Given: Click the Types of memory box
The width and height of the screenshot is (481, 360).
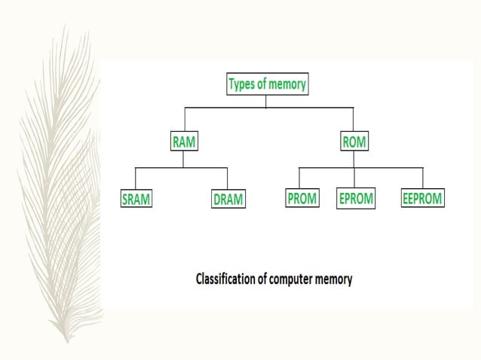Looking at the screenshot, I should (268, 84).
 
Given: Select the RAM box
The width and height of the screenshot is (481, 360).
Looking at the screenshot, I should (184, 141).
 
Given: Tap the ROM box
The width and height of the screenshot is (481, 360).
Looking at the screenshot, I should (354, 141).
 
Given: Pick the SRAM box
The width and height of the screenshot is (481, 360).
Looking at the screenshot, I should (136, 200).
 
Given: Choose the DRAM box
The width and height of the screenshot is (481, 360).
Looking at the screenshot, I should (229, 200).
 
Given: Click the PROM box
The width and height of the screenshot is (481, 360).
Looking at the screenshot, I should (302, 199).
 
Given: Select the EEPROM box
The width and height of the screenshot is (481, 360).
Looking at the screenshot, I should (422, 199).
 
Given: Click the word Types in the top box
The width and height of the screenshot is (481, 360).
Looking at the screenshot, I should (244, 84).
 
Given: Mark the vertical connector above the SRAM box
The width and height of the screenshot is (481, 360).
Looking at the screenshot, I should (136, 178).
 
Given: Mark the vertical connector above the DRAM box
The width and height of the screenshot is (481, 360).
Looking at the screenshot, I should (229, 178).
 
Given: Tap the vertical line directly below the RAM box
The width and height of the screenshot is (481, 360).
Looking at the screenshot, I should (183, 158).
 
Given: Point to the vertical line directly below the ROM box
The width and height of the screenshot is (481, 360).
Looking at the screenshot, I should (354, 158).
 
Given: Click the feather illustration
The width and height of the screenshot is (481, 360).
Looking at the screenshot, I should (60, 188).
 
